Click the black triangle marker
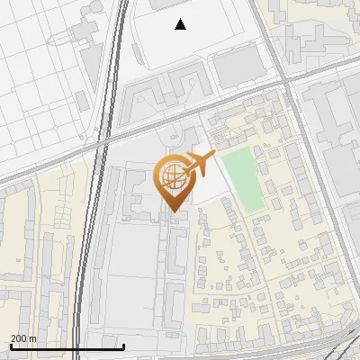click(x=181, y=24)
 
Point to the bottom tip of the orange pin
click(x=173, y=211)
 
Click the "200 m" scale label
click(x=22, y=338)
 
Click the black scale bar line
click(x=67, y=346)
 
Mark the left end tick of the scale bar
click(x=10, y=346)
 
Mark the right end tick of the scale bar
click(x=123, y=346)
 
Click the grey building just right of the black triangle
click(x=236, y=65)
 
